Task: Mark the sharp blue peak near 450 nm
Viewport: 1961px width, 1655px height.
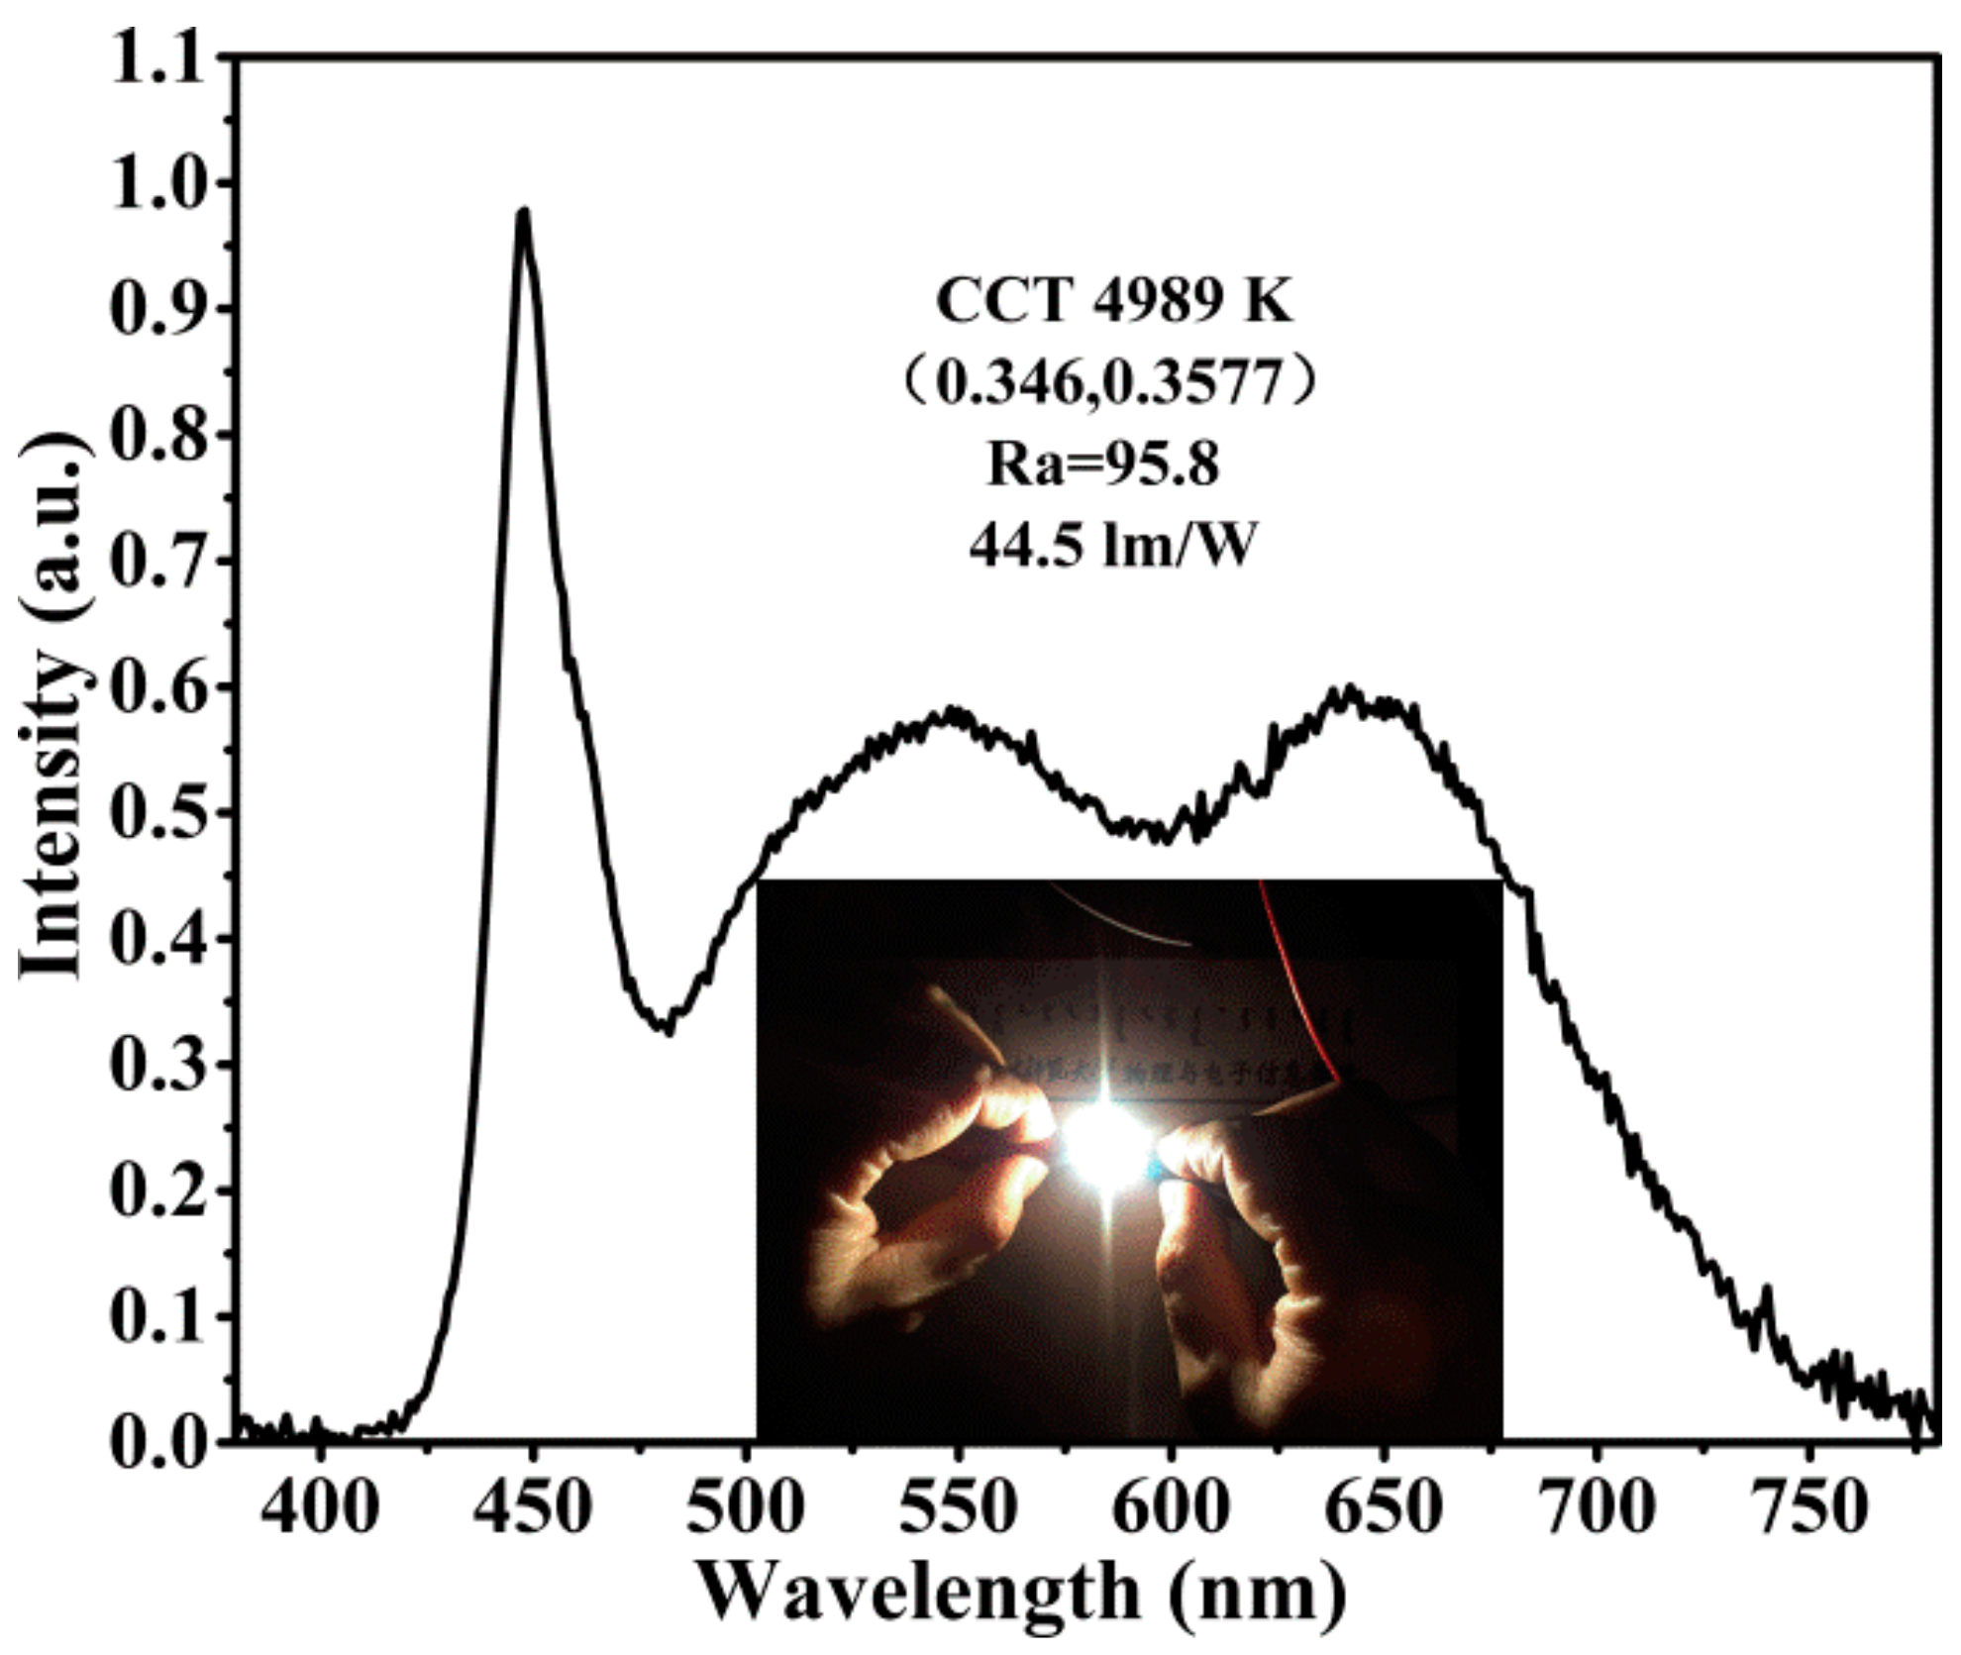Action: point(523,211)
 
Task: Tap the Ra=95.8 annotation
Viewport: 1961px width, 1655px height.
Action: point(1102,464)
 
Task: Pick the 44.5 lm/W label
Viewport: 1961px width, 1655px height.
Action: point(1112,546)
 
